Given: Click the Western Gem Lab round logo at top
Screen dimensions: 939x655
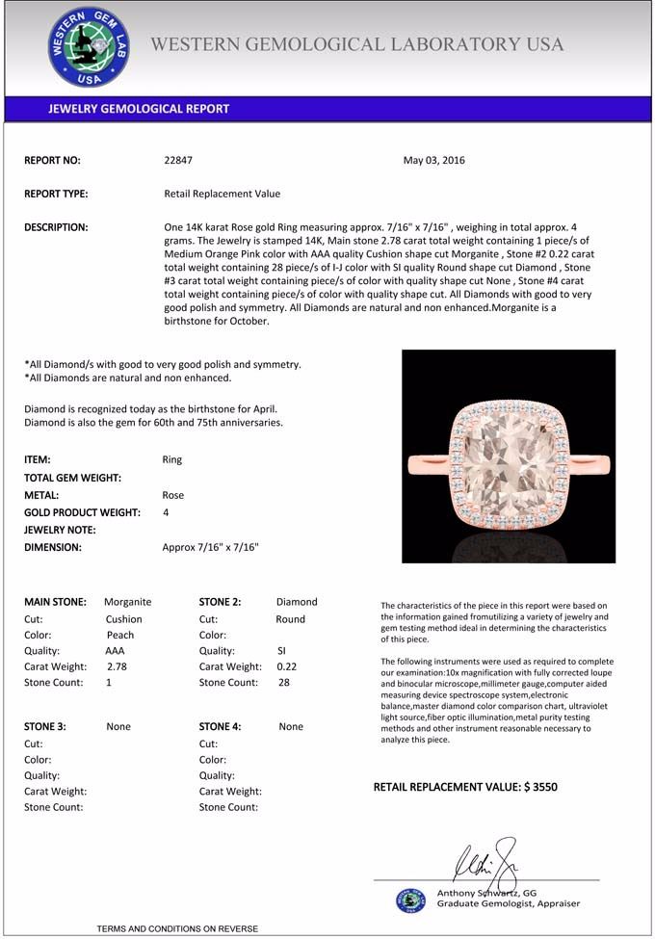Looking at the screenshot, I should [89, 47].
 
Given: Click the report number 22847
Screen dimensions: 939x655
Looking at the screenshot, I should [178, 161].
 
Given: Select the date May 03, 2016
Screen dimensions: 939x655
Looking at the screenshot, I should [433, 161].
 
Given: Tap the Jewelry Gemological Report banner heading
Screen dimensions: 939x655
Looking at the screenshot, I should [139, 109].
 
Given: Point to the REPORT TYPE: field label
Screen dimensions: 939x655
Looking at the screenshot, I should [56, 194].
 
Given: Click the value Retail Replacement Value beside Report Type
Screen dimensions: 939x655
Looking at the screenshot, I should [223, 194].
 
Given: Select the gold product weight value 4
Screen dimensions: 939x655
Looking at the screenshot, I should [167, 512].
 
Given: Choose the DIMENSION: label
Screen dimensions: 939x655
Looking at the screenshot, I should [53, 547].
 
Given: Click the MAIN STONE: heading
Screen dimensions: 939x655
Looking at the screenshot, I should [55, 602].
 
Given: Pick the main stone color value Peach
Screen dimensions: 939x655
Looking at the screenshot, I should [120, 636].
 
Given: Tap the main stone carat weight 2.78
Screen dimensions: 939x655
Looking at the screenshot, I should [117, 666].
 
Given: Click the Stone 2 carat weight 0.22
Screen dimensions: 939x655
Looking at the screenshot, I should [288, 666].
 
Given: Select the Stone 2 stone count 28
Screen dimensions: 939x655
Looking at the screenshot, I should [283, 683].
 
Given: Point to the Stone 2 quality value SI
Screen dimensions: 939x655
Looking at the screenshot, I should [281, 651].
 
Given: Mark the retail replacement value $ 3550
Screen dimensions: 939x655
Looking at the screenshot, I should [540, 787].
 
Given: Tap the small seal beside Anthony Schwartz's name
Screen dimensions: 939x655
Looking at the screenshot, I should [410, 900].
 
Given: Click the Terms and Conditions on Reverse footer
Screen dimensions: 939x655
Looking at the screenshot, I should [177, 928].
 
